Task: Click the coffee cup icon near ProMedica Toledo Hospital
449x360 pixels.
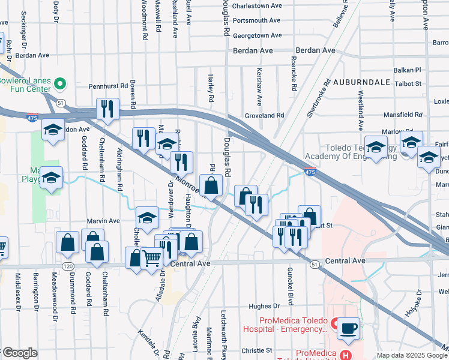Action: pyautogui.click(x=348, y=328)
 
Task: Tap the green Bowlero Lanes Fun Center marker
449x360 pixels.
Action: pyautogui.click(x=59, y=83)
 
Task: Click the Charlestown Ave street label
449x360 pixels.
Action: pyautogui.click(x=257, y=5)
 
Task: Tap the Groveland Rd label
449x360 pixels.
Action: pyautogui.click(x=264, y=115)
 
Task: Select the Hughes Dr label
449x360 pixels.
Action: pyautogui.click(x=264, y=306)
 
